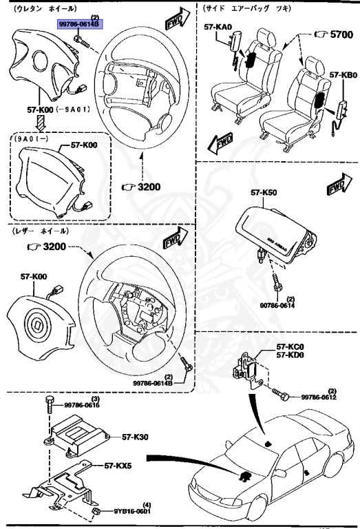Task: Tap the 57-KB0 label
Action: (x=341, y=74)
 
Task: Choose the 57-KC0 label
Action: (x=290, y=347)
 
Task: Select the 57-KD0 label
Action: (x=290, y=355)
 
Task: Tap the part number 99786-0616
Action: (x=83, y=406)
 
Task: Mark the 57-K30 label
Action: (x=136, y=437)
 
